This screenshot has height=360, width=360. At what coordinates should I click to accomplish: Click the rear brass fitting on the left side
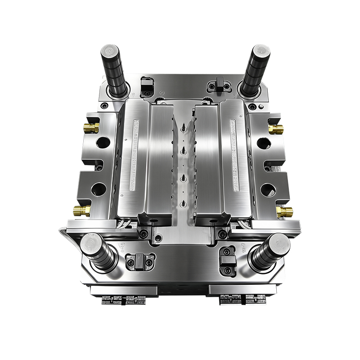[x=92, y=128]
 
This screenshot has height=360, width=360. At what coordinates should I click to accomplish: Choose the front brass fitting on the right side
[x=284, y=211]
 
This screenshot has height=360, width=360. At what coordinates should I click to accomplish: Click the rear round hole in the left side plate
[x=103, y=144]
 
